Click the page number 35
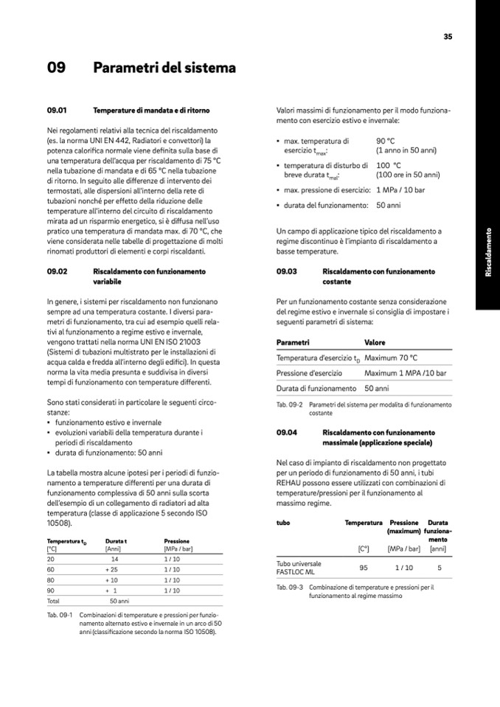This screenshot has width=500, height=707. pyautogui.click(x=448, y=36)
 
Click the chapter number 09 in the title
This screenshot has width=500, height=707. pyautogui.click(x=56, y=69)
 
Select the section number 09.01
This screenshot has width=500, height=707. pyautogui.click(x=57, y=111)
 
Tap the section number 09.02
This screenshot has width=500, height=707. pyautogui.click(x=57, y=271)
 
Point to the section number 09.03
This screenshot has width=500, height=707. pyautogui.click(x=286, y=271)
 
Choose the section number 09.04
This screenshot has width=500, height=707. pyautogui.click(x=286, y=432)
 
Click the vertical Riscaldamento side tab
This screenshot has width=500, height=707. pyautogui.click(x=487, y=253)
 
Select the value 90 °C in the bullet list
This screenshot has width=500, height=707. pyautogui.click(x=386, y=140)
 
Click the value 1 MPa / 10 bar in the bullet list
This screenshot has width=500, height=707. pyautogui.click(x=400, y=190)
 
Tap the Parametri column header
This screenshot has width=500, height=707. pyautogui.click(x=293, y=343)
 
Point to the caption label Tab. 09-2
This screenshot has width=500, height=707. pyautogui.click(x=290, y=405)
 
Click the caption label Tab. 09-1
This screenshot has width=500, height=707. pyautogui.click(x=59, y=613)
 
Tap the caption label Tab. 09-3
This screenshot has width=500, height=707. pyautogui.click(x=290, y=588)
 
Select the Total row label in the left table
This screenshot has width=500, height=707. pyautogui.click(x=53, y=601)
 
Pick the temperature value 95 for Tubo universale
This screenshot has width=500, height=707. pyautogui.click(x=364, y=568)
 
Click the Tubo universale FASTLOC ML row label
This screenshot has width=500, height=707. pyautogui.click(x=299, y=568)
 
